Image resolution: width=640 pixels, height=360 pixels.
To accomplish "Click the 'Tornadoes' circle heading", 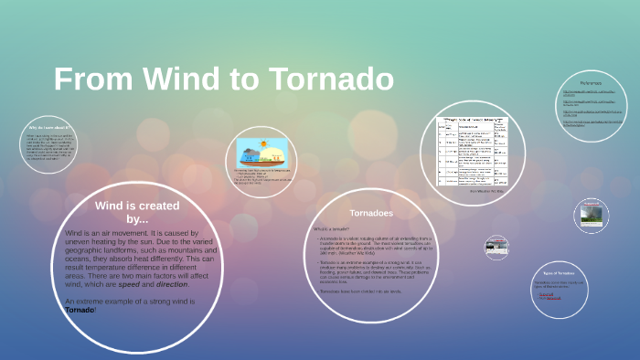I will pyautogui.click(x=371, y=212).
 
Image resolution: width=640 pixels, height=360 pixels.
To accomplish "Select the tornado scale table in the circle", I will pyautogui.click(x=475, y=152).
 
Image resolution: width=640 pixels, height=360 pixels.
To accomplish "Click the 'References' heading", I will pyautogui.click(x=591, y=82).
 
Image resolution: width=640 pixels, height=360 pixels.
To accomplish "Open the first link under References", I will pyautogui.click(x=589, y=93).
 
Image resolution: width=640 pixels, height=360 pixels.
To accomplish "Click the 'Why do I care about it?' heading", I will pyautogui.click(x=49, y=127).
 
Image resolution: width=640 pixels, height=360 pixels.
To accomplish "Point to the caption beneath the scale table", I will pyautogui.click(x=475, y=191).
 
